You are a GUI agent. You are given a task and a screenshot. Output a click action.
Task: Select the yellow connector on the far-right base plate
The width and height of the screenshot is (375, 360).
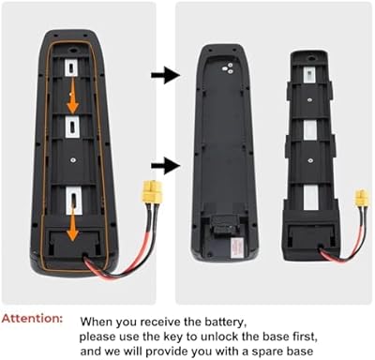point(361,200)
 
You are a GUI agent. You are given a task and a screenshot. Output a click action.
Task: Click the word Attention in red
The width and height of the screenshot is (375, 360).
point(35,319)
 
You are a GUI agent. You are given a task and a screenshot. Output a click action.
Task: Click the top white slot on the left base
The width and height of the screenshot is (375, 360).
point(70,68)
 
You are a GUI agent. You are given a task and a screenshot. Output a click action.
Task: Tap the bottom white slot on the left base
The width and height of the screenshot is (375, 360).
point(70,200)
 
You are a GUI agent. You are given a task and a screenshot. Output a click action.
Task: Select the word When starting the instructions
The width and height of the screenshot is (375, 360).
point(99,320)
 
